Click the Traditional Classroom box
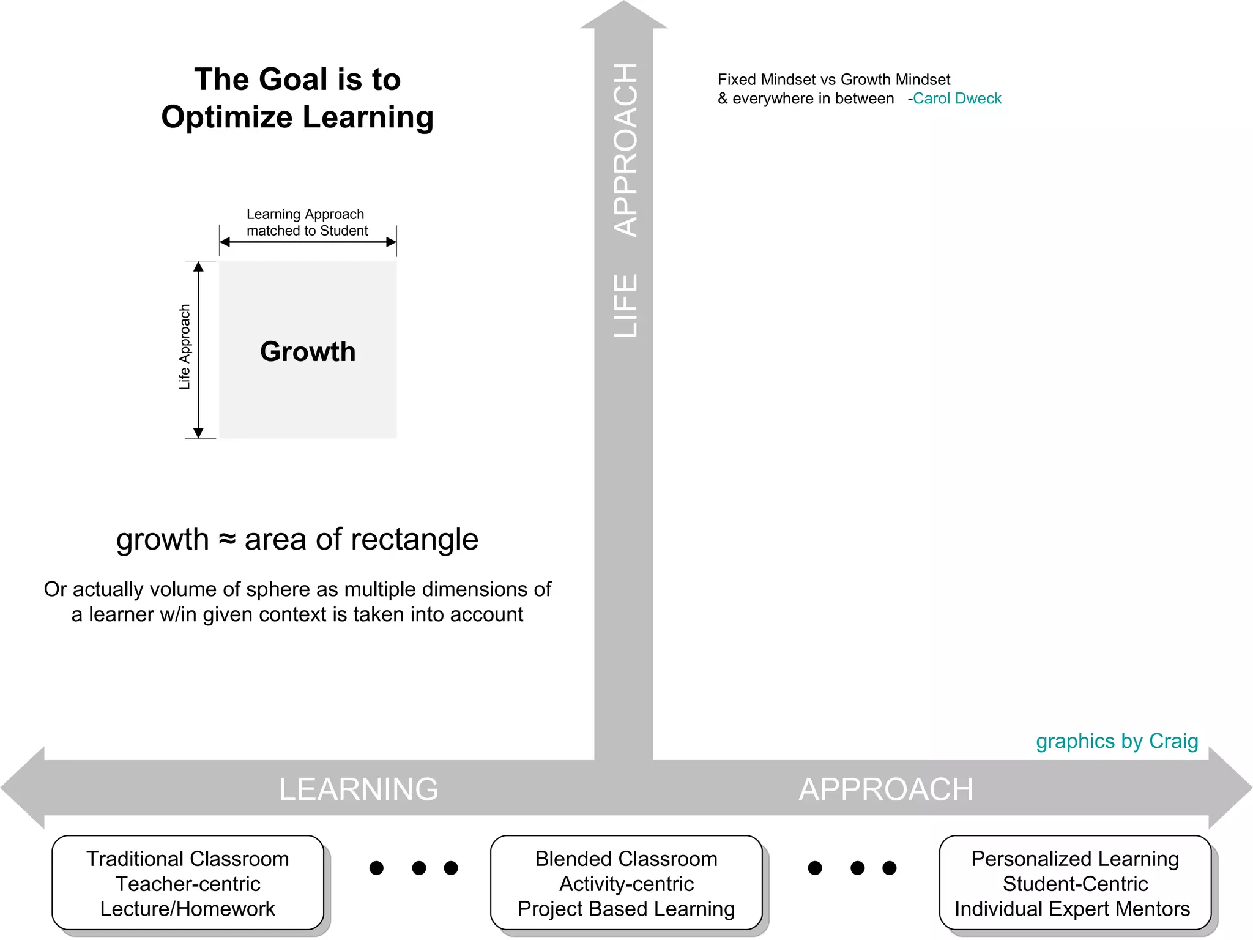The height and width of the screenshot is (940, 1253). point(188,883)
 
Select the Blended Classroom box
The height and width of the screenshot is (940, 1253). point(626,883)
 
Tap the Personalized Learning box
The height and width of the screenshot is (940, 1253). point(1075,883)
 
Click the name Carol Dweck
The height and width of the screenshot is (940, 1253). point(957,99)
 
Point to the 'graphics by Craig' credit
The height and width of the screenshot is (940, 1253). point(1117,741)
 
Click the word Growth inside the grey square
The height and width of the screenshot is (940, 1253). point(308,352)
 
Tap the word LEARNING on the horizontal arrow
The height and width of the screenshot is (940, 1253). point(359,789)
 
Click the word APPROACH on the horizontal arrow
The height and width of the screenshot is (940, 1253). point(885,789)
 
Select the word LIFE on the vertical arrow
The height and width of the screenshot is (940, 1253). point(625,305)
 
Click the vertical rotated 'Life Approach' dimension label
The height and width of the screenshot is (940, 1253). point(185,347)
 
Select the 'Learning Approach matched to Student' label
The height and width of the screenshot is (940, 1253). point(307,222)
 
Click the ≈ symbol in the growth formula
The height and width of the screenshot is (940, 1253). point(227,539)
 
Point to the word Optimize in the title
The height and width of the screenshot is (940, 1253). point(227,117)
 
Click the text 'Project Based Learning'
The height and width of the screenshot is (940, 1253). point(626,909)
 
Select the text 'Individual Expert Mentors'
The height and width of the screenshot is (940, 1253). point(1072,909)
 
